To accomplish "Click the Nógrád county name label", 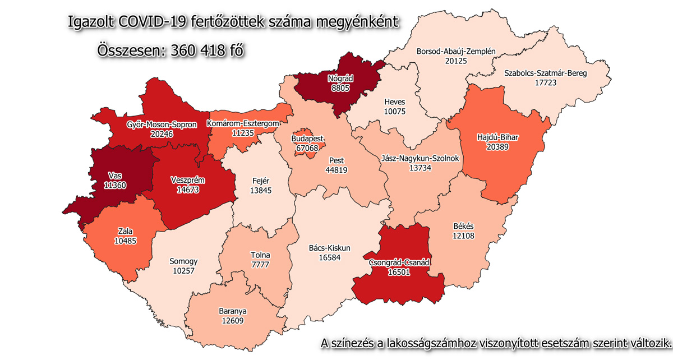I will [339, 79].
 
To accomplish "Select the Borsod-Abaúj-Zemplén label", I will [457, 52].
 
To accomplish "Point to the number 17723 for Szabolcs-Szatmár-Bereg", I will [550, 82].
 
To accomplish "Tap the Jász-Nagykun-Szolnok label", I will [420, 159].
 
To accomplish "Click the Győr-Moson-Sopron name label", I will [154, 124].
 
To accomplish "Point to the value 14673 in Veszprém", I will [187, 190].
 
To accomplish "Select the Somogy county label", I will [183, 261].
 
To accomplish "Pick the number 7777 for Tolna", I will [260, 265].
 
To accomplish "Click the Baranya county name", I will [233, 311].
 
